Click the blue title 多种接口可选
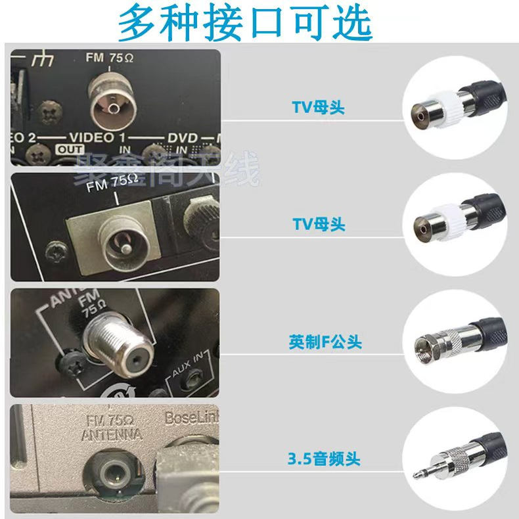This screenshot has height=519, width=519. [x=245, y=23]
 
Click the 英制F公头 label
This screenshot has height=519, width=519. [x=325, y=342]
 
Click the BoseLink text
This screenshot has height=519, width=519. [x=191, y=417]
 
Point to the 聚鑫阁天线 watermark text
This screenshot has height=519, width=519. [x=168, y=169]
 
